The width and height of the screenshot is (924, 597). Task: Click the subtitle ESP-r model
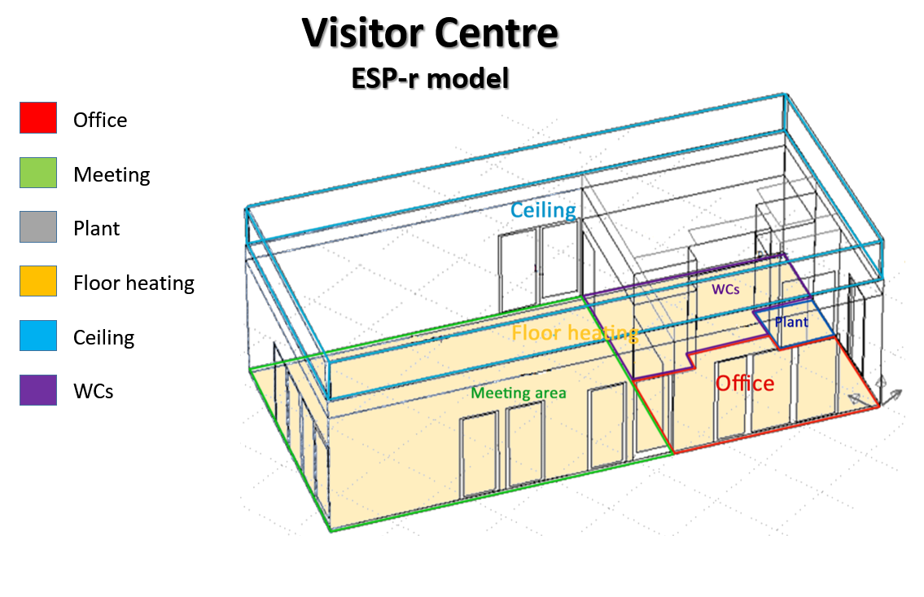click(x=430, y=79)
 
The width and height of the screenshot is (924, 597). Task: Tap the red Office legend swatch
click(x=38, y=118)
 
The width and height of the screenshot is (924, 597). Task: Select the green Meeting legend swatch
click(x=38, y=173)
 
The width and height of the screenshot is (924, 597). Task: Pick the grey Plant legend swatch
click(x=38, y=227)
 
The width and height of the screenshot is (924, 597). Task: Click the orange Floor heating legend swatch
click(x=38, y=282)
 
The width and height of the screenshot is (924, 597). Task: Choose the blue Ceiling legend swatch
click(x=38, y=336)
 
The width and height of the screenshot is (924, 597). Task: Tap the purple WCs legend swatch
click(x=38, y=390)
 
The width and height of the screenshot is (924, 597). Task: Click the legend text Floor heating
click(x=134, y=283)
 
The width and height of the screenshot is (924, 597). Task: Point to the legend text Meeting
click(x=112, y=174)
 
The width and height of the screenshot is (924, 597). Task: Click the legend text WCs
click(x=93, y=391)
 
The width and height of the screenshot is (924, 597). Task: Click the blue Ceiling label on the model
click(x=543, y=210)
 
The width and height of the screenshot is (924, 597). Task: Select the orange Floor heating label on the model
click(x=574, y=333)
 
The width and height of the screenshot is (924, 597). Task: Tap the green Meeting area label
click(x=519, y=393)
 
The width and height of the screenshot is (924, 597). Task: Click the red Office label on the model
click(x=745, y=384)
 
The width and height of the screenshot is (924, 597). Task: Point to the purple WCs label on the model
click(x=726, y=289)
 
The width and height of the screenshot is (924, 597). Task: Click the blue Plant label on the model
click(x=791, y=323)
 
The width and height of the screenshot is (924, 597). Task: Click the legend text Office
click(x=100, y=121)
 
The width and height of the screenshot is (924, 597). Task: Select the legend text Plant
click(x=96, y=229)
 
